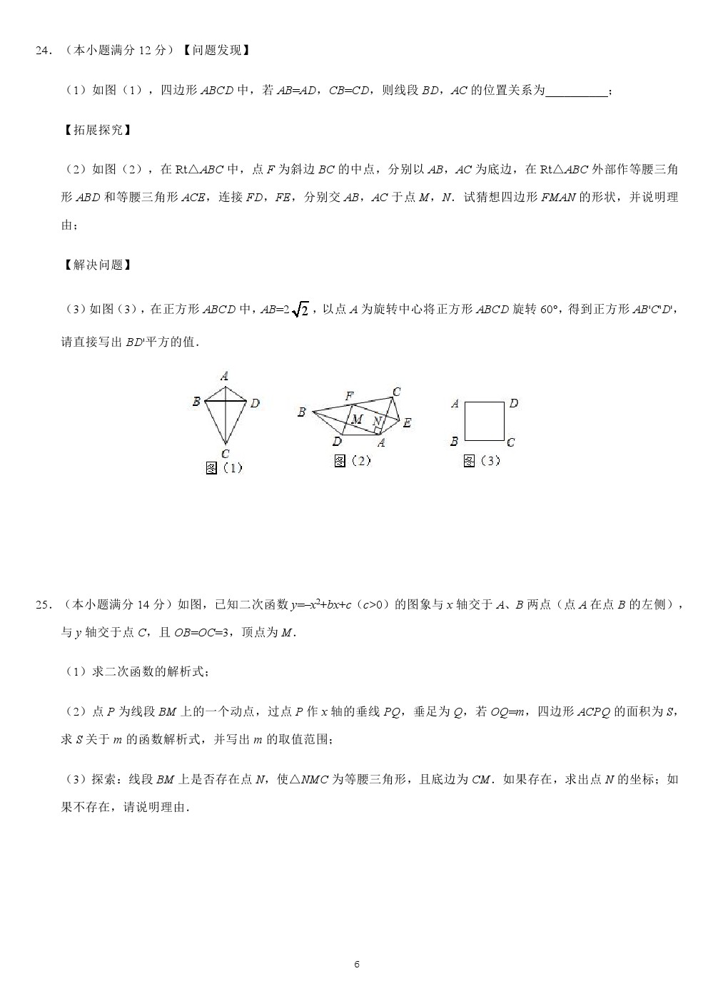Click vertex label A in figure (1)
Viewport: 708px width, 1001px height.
[x=224, y=376]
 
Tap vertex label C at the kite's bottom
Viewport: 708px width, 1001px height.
[x=226, y=454]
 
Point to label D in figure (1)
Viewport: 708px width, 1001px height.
[x=255, y=404]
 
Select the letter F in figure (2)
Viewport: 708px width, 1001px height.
[x=350, y=396]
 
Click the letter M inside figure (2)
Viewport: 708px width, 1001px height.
[x=358, y=420]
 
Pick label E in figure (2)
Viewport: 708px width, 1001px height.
[x=407, y=422]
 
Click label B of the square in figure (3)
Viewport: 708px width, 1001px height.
[x=454, y=442]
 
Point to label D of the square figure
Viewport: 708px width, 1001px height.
[x=513, y=404]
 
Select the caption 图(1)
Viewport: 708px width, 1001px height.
[x=224, y=468]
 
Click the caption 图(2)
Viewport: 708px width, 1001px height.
[x=353, y=461]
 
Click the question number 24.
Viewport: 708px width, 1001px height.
[x=44, y=51]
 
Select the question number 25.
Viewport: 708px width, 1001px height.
[x=44, y=605]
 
